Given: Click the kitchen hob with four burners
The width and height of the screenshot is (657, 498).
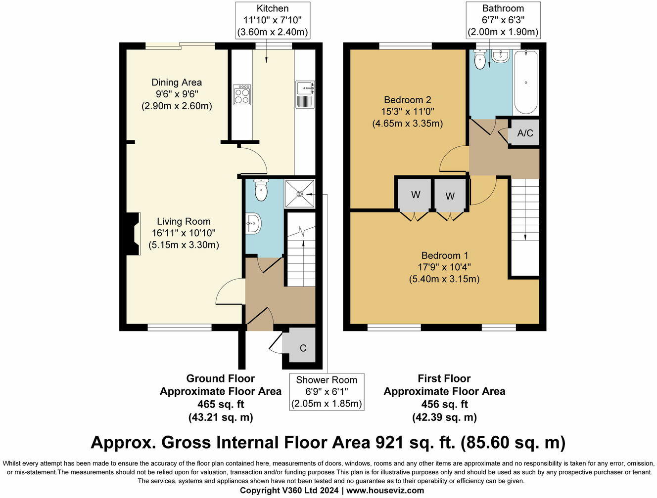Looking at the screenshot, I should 242,94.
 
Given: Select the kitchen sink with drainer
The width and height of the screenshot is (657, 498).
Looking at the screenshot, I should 305,94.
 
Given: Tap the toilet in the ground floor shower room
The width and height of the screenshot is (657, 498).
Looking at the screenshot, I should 261,189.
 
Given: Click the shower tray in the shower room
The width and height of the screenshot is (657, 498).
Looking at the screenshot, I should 300,194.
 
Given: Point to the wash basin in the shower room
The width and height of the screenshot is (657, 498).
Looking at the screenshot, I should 253,224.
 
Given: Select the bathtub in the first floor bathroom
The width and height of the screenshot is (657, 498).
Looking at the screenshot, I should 526,82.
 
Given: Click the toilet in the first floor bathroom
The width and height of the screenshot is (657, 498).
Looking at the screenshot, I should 480,60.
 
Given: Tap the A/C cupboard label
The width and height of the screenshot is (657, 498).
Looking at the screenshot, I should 525,133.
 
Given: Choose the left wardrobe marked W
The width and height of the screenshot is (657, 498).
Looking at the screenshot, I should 416,195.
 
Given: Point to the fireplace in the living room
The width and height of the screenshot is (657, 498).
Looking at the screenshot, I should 133,234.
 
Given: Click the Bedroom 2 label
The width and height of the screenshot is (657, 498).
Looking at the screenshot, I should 407,100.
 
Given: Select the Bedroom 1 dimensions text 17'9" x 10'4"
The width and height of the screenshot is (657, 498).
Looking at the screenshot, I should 444,267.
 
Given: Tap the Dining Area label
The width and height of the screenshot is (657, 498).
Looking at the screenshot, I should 177,83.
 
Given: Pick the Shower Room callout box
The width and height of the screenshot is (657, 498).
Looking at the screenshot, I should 327,392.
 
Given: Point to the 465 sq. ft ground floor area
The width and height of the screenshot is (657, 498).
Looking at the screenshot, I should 221,404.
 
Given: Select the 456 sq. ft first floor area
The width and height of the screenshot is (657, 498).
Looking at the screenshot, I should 444,404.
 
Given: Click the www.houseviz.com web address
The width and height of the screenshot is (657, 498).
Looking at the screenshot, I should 385,491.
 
